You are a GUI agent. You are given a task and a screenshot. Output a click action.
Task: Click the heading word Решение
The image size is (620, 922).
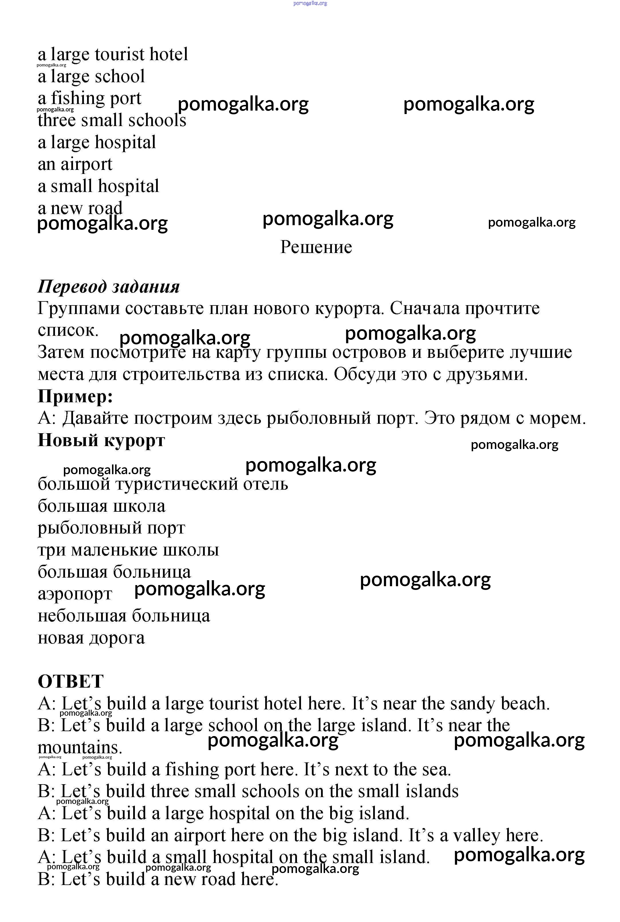[x=316, y=247]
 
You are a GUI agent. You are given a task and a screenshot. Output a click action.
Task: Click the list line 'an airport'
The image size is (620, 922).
[x=75, y=164]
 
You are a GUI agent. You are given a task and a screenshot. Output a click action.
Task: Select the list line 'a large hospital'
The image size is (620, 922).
[x=97, y=142]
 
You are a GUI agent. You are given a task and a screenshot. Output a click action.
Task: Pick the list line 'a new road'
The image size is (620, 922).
[x=80, y=208]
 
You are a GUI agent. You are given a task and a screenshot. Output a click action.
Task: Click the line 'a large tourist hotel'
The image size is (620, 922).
[x=113, y=55]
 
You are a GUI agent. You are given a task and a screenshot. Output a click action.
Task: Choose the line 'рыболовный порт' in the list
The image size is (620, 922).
[x=111, y=528]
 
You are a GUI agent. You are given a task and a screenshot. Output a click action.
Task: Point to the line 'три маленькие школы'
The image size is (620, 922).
[x=128, y=550]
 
